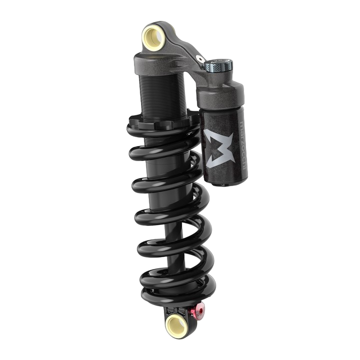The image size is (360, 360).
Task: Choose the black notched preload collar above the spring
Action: click(159, 122)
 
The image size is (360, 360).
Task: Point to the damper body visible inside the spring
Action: click(165, 200)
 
